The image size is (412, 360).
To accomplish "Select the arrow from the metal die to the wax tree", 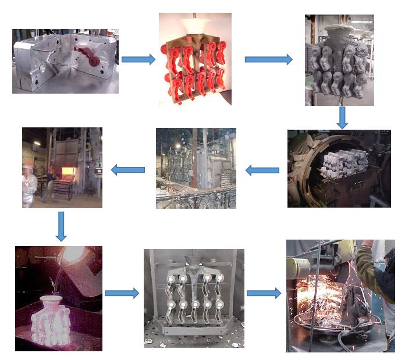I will (x=138, y=59).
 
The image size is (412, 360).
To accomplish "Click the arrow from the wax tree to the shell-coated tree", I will (x=268, y=59).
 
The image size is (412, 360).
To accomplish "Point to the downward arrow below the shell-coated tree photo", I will (x=342, y=117).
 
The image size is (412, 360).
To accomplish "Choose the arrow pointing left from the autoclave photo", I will (x=262, y=170).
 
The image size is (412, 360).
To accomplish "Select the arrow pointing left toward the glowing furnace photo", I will (x=128, y=170).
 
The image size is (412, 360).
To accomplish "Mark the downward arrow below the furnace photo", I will (x=61, y=226).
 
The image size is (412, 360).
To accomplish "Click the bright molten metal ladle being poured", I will (x=73, y=256).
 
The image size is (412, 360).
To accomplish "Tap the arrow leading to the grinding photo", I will (x=264, y=294).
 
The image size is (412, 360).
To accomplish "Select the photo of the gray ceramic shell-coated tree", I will (x=339, y=60).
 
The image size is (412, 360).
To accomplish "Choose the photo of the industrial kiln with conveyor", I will (x=196, y=168).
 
